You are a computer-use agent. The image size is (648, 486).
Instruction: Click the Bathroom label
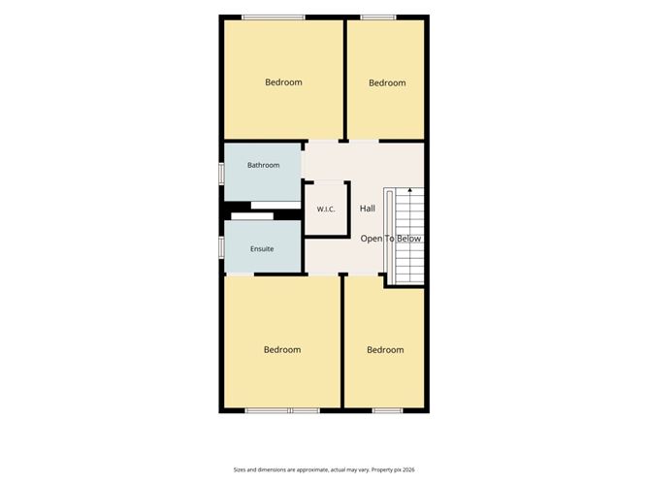[x=263, y=165]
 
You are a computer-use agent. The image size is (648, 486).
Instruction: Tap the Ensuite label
[x=262, y=248]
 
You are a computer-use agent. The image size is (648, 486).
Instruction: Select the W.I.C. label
[x=326, y=210]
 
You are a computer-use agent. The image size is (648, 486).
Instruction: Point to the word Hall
[x=368, y=209]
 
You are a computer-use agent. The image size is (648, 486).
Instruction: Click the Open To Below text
[x=391, y=239]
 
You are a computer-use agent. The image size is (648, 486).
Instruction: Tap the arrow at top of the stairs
[x=410, y=191]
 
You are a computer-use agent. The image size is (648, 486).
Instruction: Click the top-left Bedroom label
[x=283, y=82]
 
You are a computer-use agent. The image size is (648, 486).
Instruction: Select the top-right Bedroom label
[x=387, y=83]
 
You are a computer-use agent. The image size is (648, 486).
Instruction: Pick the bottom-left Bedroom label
[x=282, y=350]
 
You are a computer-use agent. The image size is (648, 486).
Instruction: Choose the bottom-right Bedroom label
[x=385, y=350]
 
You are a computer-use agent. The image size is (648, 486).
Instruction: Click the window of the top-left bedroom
[x=274, y=17]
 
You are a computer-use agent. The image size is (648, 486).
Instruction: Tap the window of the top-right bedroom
[x=378, y=17]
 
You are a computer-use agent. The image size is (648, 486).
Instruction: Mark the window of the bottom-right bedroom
[x=388, y=410]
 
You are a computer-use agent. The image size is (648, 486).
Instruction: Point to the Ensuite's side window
[x=221, y=246]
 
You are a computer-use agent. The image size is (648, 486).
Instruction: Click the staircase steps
[x=410, y=236]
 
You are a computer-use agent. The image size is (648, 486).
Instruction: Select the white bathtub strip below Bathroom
[x=275, y=206]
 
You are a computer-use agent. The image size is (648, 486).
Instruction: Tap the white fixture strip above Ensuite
[x=252, y=216]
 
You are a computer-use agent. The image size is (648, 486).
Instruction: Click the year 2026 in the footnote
[x=408, y=470]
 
